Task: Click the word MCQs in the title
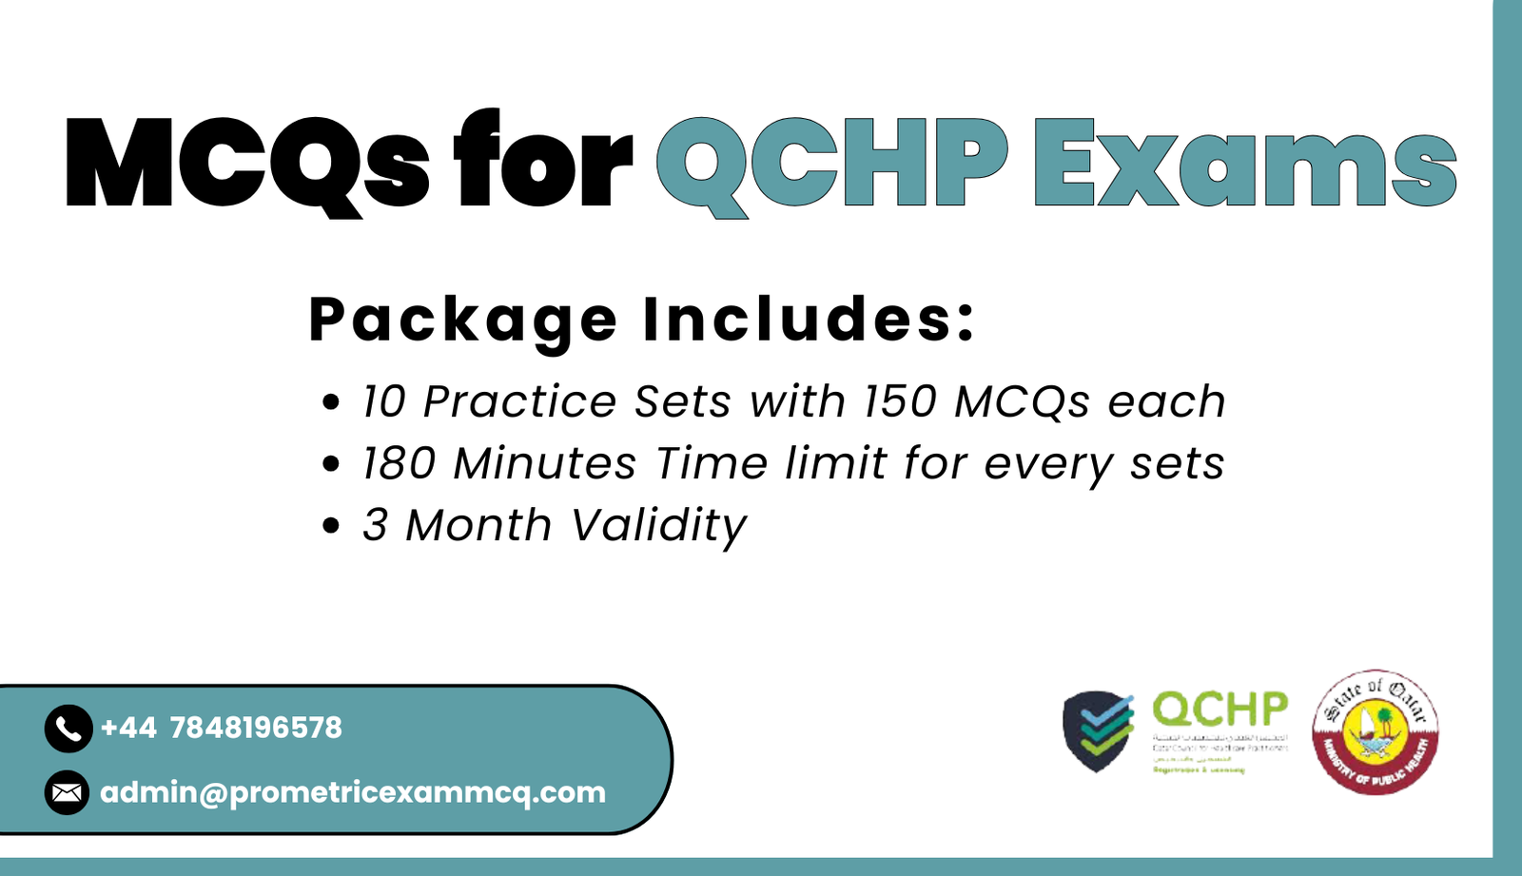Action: click(247, 162)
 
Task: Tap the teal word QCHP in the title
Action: click(831, 162)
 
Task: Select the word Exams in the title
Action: click(1244, 162)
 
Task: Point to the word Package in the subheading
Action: click(463, 320)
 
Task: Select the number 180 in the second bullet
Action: click(399, 464)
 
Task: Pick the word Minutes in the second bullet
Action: click(544, 464)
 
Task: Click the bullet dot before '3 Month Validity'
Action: click(331, 526)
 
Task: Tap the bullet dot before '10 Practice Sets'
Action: click(331, 402)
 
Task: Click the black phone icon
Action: click(68, 729)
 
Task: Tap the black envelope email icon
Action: click(67, 792)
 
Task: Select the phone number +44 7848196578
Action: click(221, 729)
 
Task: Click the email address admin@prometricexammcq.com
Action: click(353, 792)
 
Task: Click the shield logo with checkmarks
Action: click(1098, 730)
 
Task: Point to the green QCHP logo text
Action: click(1220, 710)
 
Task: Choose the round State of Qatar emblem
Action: click(1375, 731)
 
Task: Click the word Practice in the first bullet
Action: click(519, 401)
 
